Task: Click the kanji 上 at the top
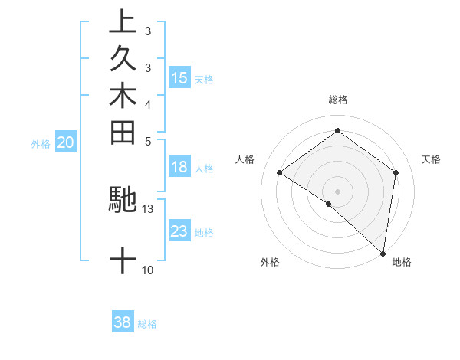coord(123,22)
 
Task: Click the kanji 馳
coord(123,198)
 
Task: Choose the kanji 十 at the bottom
coord(123,260)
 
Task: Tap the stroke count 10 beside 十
coord(147,270)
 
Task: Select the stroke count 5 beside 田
coord(147,141)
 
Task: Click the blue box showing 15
coord(179,78)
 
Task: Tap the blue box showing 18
coord(179,168)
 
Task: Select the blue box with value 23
coord(179,231)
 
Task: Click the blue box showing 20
coord(66,142)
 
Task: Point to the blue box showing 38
coord(123,322)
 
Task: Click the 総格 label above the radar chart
coord(338,100)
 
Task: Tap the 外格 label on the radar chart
coord(270,263)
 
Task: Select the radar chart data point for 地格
coord(383,253)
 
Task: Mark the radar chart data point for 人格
coord(280,173)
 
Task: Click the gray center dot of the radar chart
coord(337,191)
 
